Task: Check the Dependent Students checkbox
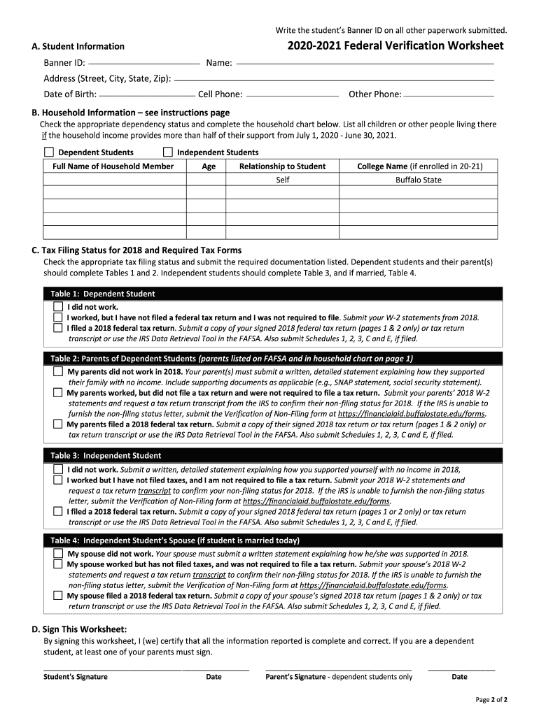(49, 152)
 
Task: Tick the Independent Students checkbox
(168, 152)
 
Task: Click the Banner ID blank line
(143, 64)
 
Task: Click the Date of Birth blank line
(147, 94)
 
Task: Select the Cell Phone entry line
(293, 94)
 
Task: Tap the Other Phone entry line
(449, 94)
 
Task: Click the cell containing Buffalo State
(419, 180)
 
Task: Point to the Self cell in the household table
(282, 180)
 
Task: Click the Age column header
(209, 166)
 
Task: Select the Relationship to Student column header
(282, 166)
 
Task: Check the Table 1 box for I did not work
(58, 307)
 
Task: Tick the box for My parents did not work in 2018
(58, 372)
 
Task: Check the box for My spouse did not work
(58, 553)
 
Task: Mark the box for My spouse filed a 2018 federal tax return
(58, 596)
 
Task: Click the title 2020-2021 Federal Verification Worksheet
(395, 46)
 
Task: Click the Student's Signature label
(76, 677)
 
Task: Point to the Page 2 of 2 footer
(491, 699)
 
